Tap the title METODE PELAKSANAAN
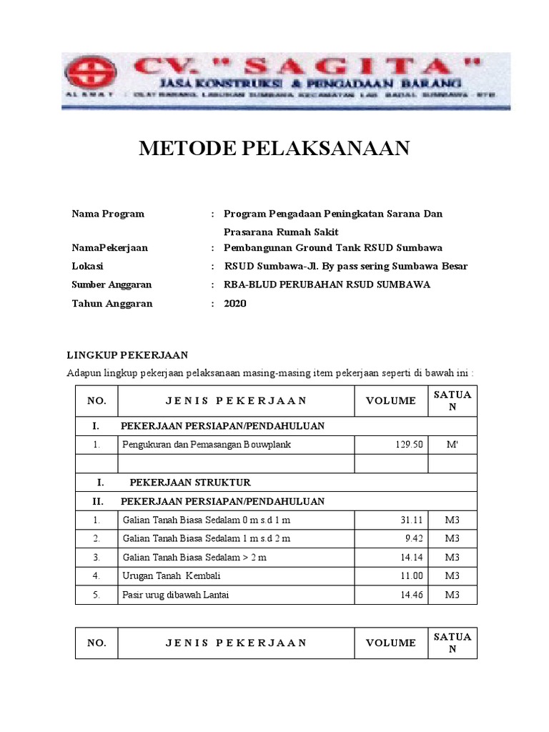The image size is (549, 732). [274, 148]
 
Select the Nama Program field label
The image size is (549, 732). [108, 214]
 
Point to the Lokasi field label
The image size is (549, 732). [87, 266]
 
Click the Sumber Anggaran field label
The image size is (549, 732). [112, 285]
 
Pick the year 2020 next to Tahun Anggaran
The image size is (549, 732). [234, 303]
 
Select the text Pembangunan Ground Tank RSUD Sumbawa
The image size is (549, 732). [332, 248]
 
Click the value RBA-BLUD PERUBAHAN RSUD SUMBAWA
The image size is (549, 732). [327, 285]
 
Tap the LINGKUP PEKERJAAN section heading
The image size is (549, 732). [127, 355]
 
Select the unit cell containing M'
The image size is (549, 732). [452, 445]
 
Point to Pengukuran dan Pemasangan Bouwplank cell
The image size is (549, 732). [207, 445]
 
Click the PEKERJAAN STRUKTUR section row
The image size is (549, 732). [189, 483]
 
